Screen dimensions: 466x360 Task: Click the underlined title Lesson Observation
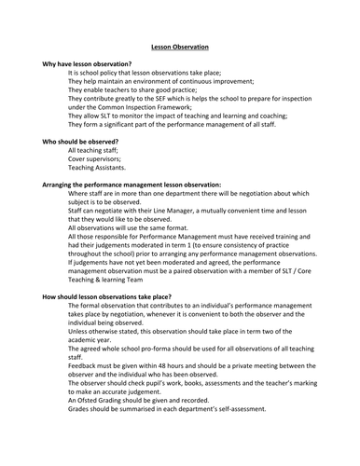coord(180,47)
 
